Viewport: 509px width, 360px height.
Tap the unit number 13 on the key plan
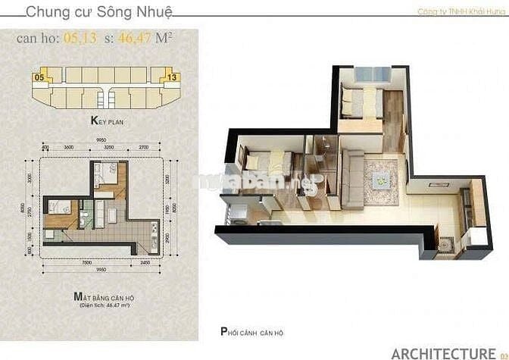[173, 77]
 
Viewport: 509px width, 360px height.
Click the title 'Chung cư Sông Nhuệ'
[99, 12]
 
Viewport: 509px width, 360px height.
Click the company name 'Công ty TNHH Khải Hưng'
[461, 11]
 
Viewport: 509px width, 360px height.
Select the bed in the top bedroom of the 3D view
[359, 99]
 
